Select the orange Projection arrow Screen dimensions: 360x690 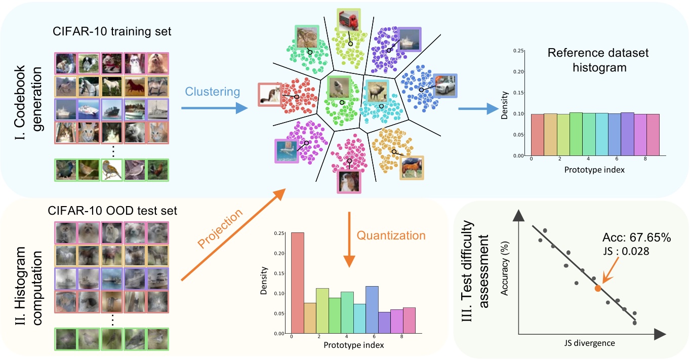point(230,235)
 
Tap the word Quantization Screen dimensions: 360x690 point(391,235)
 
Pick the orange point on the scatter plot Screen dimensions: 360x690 point(597,288)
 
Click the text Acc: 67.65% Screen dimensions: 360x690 point(637,238)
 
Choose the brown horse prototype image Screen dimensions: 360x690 point(411,168)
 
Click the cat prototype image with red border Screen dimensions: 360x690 point(270,95)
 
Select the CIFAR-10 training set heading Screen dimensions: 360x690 point(112,32)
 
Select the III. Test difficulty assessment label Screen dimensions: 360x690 point(482,277)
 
